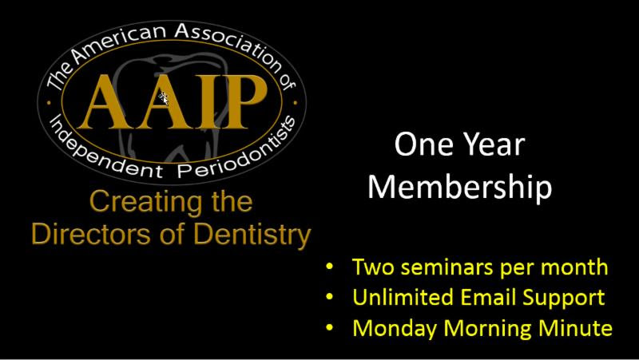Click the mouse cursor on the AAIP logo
coord(164,98)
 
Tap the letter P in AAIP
coord(243,102)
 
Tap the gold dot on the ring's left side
coord(49,103)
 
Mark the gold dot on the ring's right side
coord(296,103)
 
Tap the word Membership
coord(460,187)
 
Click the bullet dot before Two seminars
coord(329,267)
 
